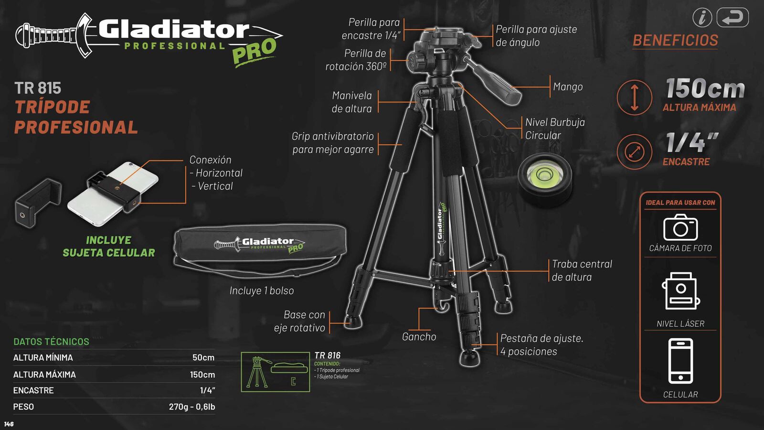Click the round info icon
point(702,18)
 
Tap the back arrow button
point(732,18)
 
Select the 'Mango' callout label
point(568,87)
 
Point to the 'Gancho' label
point(419,337)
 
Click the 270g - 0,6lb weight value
point(191,407)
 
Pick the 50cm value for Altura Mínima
point(203,357)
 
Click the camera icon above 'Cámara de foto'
point(680,228)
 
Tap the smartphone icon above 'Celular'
point(680,361)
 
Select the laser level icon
point(680,291)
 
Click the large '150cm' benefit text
point(705,89)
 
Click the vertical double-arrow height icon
point(634,97)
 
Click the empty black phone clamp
point(38,203)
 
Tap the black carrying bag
point(260,248)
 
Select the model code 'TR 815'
point(38,88)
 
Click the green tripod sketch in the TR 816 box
point(257,372)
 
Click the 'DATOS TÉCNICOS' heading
point(51,342)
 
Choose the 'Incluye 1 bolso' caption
point(261,291)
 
